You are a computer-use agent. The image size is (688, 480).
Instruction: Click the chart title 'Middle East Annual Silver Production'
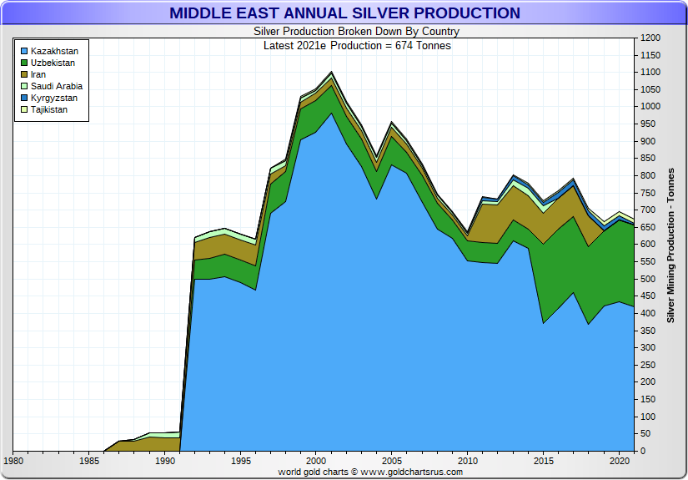(344, 13)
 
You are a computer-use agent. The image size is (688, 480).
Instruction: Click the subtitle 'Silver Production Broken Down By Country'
(356, 32)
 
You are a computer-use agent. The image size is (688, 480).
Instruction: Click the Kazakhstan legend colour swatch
(24, 51)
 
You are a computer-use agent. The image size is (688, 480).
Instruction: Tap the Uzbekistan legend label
(53, 63)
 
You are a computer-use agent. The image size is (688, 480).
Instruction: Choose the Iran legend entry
(38, 74)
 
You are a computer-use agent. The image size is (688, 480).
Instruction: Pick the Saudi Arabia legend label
(57, 86)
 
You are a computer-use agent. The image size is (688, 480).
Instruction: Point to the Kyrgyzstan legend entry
(54, 98)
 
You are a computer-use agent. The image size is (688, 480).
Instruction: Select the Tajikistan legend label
(49, 109)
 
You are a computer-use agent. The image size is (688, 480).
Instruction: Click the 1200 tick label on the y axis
(650, 38)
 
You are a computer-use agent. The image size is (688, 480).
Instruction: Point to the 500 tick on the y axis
(647, 280)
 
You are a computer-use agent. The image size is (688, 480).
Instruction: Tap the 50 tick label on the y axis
(645, 434)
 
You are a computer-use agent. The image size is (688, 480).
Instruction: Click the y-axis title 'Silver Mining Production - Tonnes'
(671, 245)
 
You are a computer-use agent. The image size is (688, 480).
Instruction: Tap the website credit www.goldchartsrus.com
(411, 472)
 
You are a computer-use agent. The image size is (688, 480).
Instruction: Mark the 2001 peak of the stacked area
(332, 73)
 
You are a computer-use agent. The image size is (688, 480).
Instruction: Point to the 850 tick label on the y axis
(647, 159)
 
